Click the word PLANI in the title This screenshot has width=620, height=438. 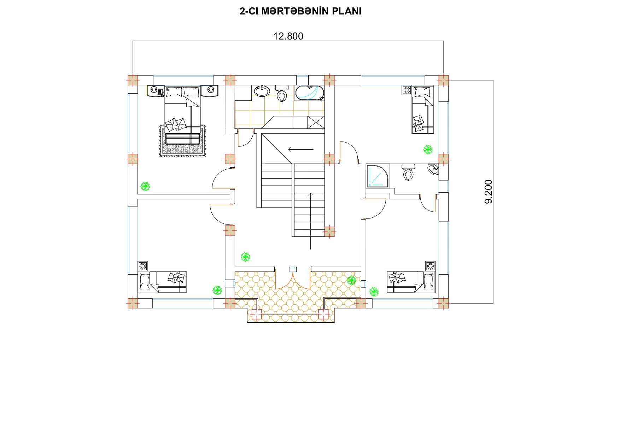coord(346,11)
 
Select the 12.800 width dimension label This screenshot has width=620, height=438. coord(288,36)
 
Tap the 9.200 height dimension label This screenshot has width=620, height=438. coord(488,192)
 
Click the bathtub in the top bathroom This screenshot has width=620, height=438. coord(309,93)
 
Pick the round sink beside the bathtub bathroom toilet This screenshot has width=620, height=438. coord(262,91)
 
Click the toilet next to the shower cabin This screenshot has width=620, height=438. coord(408,172)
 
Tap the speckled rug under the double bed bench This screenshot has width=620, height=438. coord(182,140)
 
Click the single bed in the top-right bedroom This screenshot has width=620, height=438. coord(423,109)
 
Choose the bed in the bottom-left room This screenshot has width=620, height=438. coord(162,282)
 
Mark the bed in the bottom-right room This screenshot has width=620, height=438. coord(411,282)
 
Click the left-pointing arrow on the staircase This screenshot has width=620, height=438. coord(301,149)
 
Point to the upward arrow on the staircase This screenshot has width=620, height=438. coord(310,221)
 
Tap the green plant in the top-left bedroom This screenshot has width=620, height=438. coord(145,186)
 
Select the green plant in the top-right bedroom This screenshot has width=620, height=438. coord(428,150)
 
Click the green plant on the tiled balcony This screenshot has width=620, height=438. coord(351,281)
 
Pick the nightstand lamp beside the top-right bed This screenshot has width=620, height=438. coord(406,90)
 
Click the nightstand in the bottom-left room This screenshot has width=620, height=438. coord(143,266)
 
